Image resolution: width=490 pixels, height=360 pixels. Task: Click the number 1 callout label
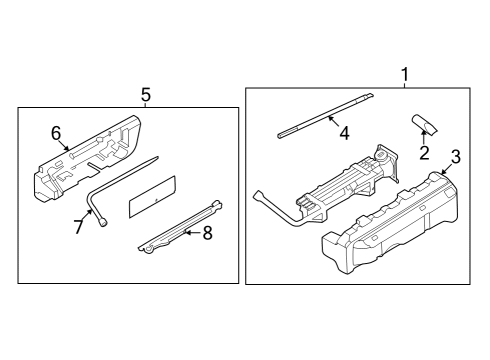(405, 74)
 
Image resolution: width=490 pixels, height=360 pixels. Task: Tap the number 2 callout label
(423, 153)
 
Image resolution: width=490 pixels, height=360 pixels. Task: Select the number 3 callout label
(455, 156)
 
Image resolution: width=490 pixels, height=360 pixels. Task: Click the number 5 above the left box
(145, 95)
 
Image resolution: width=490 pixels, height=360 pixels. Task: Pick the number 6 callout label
(56, 131)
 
